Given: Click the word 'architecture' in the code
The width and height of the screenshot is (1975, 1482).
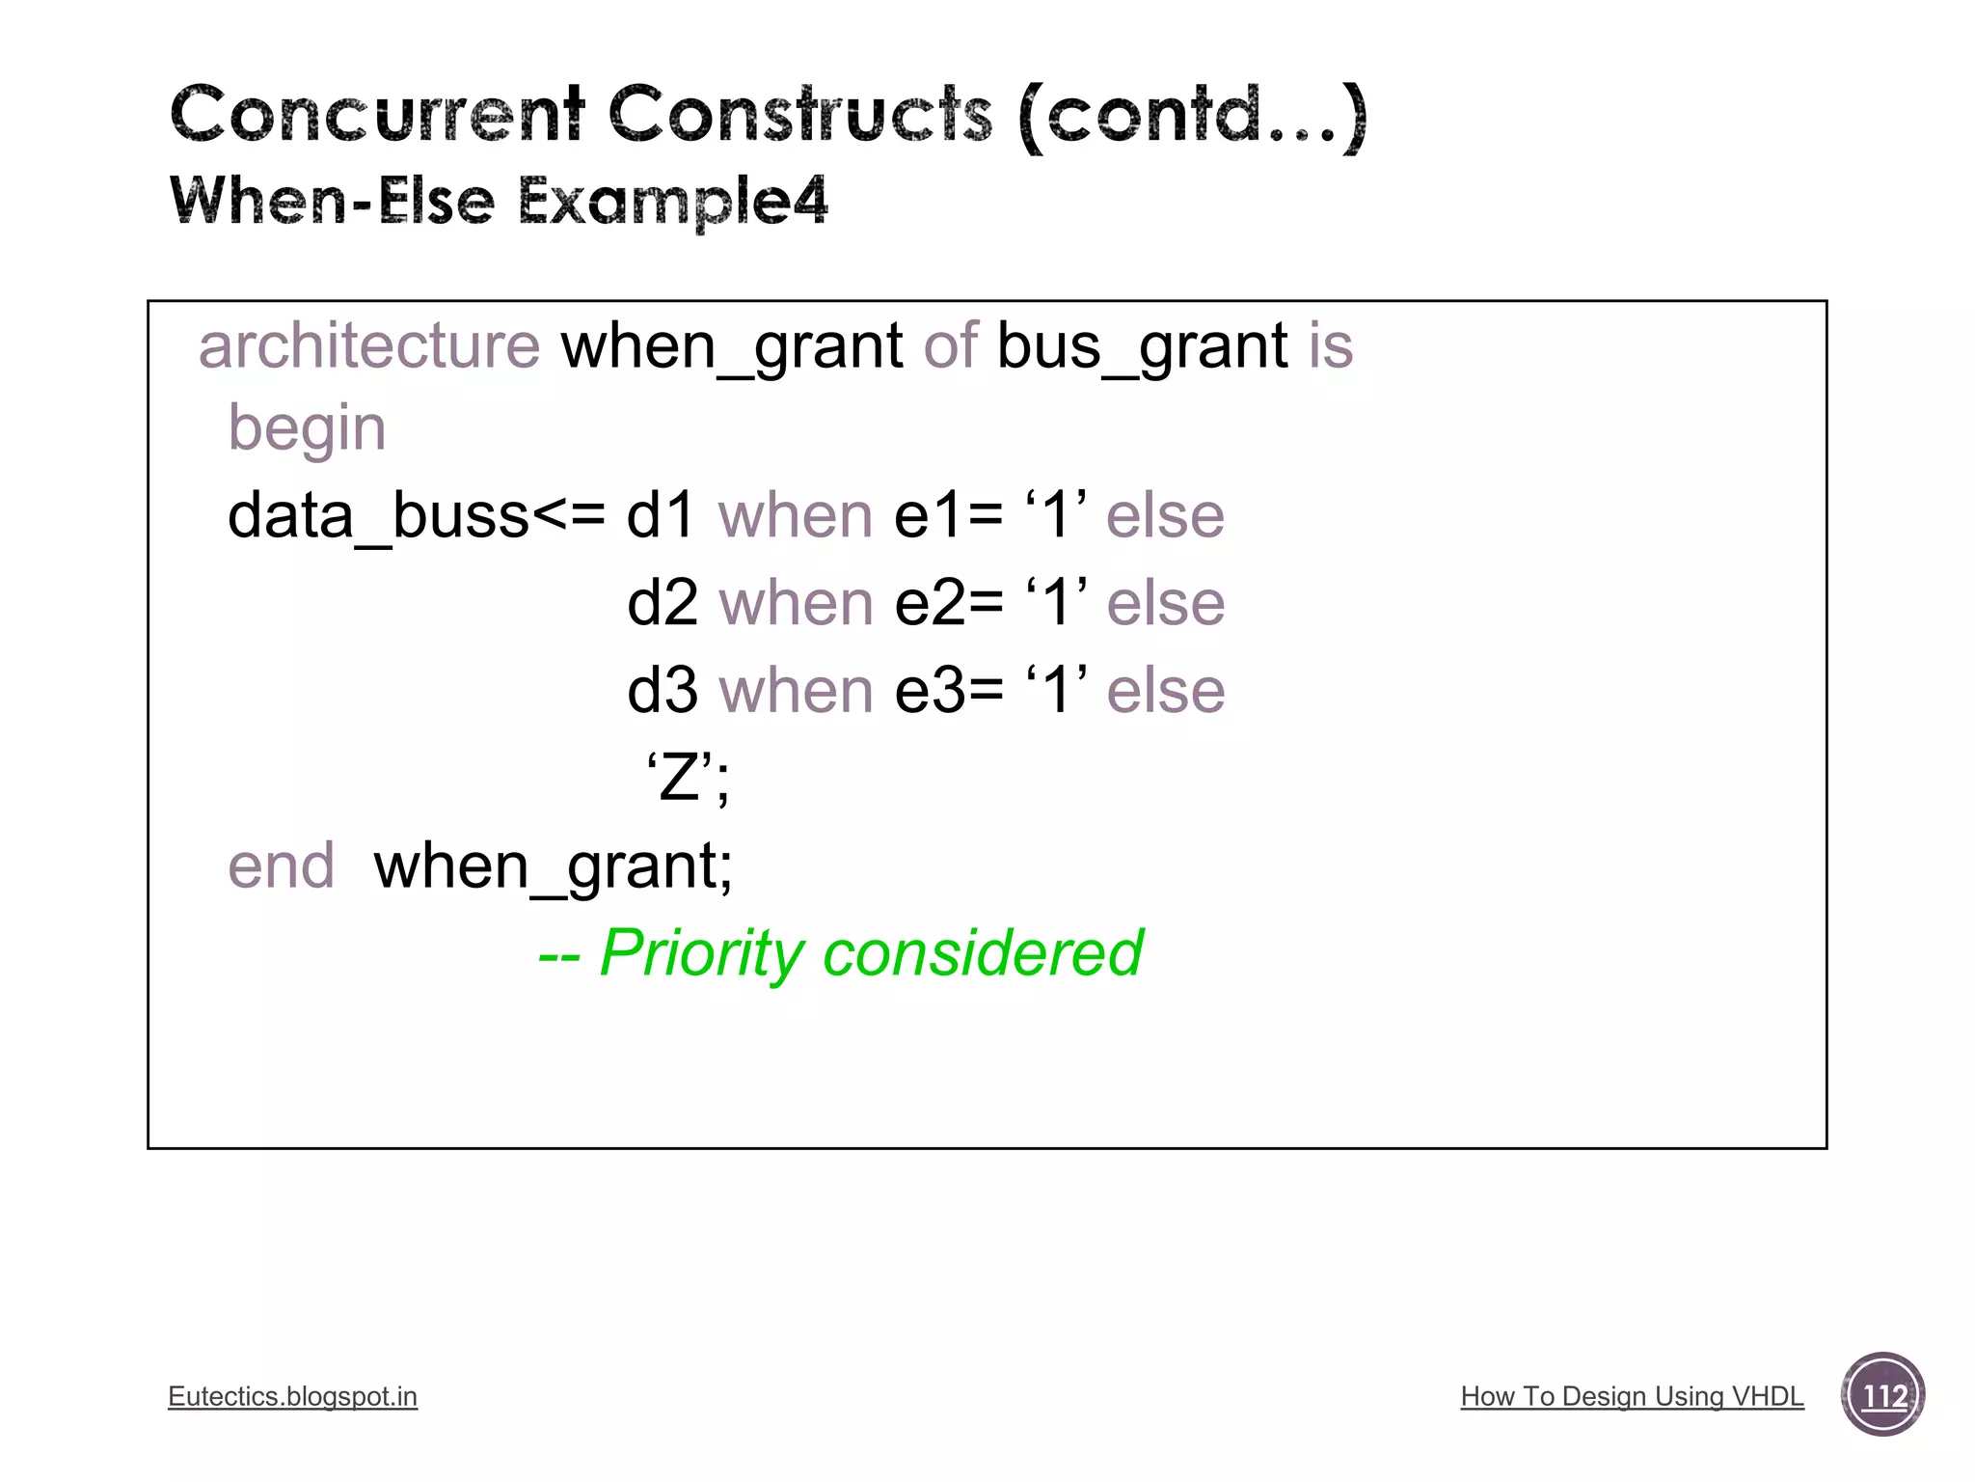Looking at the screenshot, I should click(x=369, y=345).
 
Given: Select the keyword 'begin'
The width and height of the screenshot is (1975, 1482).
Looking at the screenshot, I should click(x=307, y=428).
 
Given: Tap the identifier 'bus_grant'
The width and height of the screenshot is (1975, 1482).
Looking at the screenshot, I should click(x=1142, y=345).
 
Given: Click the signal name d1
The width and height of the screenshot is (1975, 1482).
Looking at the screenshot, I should click(x=661, y=515).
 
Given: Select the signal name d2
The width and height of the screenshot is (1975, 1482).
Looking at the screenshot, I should click(x=662, y=603).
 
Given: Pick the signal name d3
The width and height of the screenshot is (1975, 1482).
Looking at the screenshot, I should click(x=662, y=691).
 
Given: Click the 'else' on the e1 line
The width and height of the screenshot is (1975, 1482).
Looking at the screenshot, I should click(x=1165, y=515).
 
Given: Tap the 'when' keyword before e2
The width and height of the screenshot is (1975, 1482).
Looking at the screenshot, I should click(x=797, y=603).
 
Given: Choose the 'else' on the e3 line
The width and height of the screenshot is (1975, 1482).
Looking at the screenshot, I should click(x=1166, y=691).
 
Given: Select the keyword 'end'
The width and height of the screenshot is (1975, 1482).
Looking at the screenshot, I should click(x=281, y=865).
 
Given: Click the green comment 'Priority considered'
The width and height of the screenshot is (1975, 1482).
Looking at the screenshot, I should click(x=870, y=953).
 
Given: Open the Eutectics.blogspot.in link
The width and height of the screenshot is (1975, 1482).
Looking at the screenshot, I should click(x=292, y=1396).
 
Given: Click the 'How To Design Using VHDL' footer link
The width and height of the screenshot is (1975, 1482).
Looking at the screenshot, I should click(x=1632, y=1396).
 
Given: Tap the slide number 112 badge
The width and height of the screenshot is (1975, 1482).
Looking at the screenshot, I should click(x=1882, y=1395).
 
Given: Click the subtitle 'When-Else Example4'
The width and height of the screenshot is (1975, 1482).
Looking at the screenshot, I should click(x=499, y=201).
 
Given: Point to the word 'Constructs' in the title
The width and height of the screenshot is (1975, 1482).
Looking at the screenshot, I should click(x=799, y=115).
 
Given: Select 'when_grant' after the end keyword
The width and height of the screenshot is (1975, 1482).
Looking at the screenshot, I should click(x=553, y=865).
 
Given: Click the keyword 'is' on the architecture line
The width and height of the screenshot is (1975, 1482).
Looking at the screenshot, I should click(x=1331, y=345).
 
